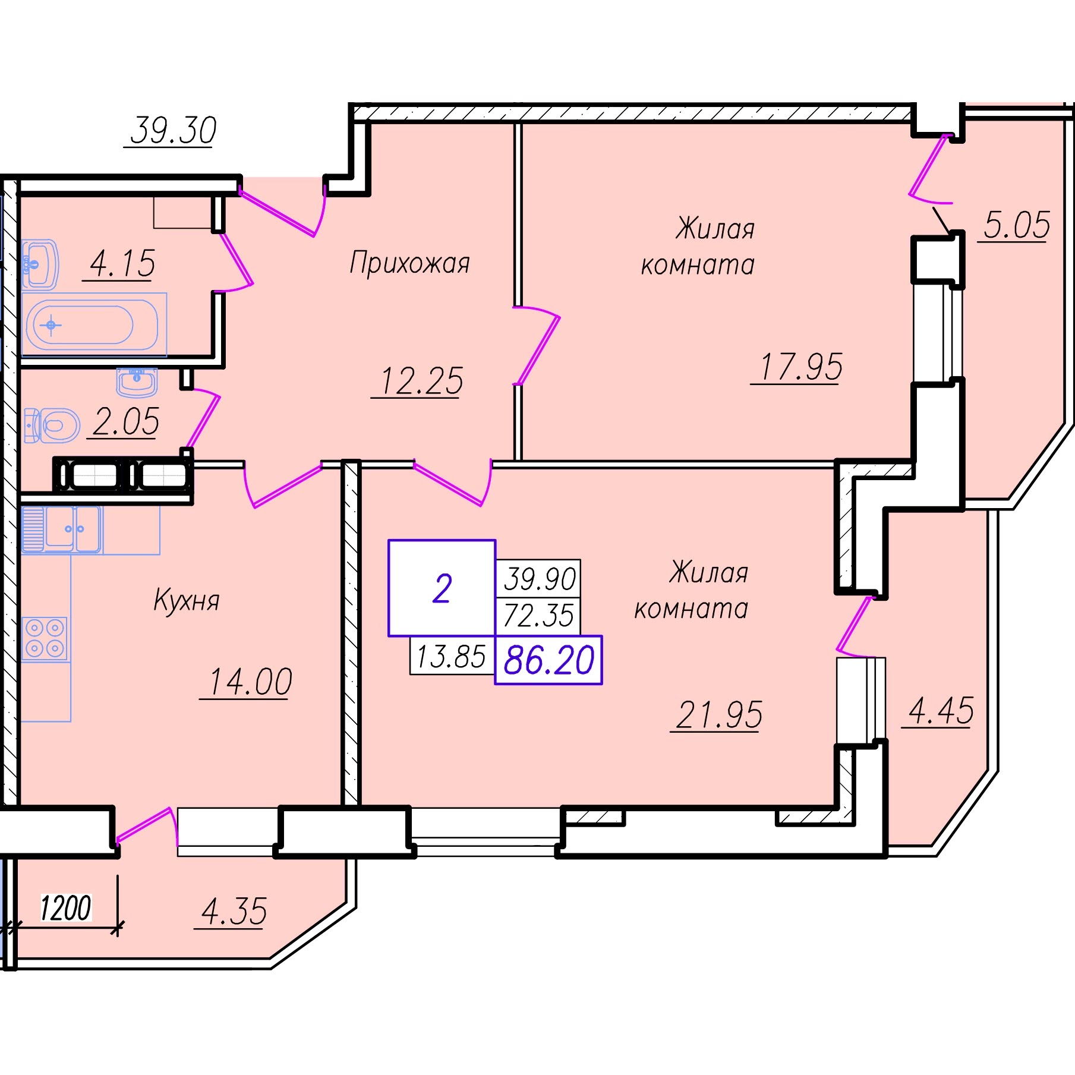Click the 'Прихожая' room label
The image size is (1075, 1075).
point(409,263)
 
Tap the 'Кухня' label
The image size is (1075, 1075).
point(187,600)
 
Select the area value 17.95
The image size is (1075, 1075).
point(801,366)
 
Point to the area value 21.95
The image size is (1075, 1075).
point(720,714)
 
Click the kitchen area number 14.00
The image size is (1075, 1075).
point(250,681)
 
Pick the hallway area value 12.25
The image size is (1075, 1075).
point(421,380)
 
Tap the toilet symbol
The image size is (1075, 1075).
point(52,425)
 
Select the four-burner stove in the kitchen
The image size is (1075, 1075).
point(45,639)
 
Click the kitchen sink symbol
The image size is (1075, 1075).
point(61,529)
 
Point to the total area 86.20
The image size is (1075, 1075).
point(548,660)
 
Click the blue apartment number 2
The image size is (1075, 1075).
point(442,589)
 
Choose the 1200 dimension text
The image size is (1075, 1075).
point(65,908)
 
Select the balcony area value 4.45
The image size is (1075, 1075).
point(941,711)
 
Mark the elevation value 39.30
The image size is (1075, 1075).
point(173,130)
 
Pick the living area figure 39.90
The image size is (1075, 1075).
point(540,579)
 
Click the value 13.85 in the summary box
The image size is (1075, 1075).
point(451,657)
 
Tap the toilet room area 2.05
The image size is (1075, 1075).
point(126,422)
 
